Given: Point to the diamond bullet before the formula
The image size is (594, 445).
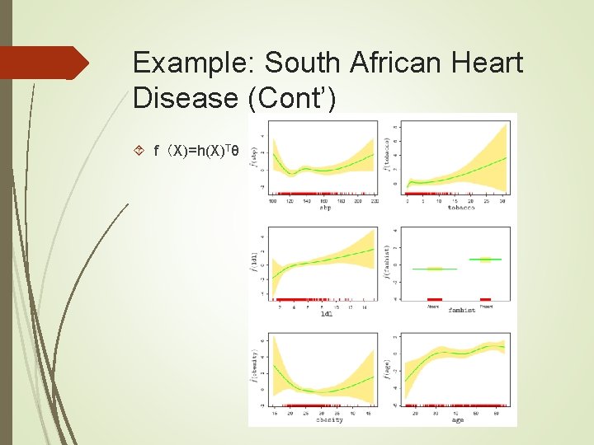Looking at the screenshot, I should click(x=139, y=152).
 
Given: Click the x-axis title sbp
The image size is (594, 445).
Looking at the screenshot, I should click(x=325, y=207).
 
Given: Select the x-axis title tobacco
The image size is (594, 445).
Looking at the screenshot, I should click(x=460, y=207).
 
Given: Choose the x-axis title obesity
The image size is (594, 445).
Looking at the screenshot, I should click(x=328, y=420).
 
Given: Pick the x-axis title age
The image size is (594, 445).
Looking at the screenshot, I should click(x=457, y=420).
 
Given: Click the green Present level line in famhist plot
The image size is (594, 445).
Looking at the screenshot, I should click(x=485, y=260).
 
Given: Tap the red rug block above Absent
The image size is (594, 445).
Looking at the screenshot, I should click(x=434, y=299).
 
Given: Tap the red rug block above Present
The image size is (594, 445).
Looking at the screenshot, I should click(x=485, y=299).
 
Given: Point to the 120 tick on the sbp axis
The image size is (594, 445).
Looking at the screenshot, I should click(x=290, y=200).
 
